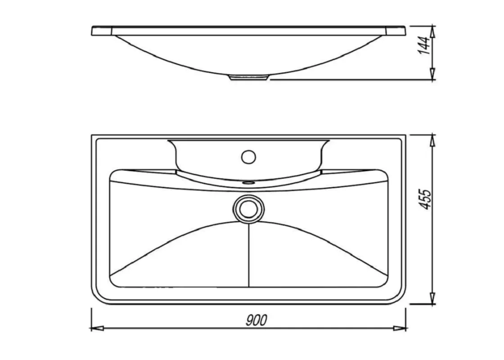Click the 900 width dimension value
click(x=256, y=320)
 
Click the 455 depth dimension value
click(x=425, y=199)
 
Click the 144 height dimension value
click(x=425, y=45)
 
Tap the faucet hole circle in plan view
click(x=248, y=157)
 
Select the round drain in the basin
click(x=248, y=209)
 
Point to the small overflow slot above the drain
click(x=248, y=183)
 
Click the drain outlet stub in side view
click(x=248, y=77)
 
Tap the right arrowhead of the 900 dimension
click(x=400, y=328)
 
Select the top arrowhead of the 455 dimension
click(x=432, y=140)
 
